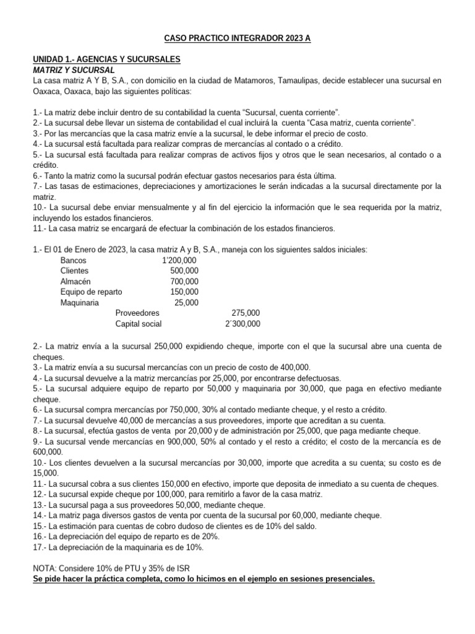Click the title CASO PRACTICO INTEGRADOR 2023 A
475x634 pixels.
[237, 38]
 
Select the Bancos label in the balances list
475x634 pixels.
[74, 260]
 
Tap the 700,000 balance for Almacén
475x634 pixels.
[184, 281]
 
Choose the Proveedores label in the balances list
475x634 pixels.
[137, 313]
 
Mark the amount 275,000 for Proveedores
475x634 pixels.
[246, 313]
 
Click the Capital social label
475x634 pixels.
[139, 323]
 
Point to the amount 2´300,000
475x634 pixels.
[243, 323]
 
